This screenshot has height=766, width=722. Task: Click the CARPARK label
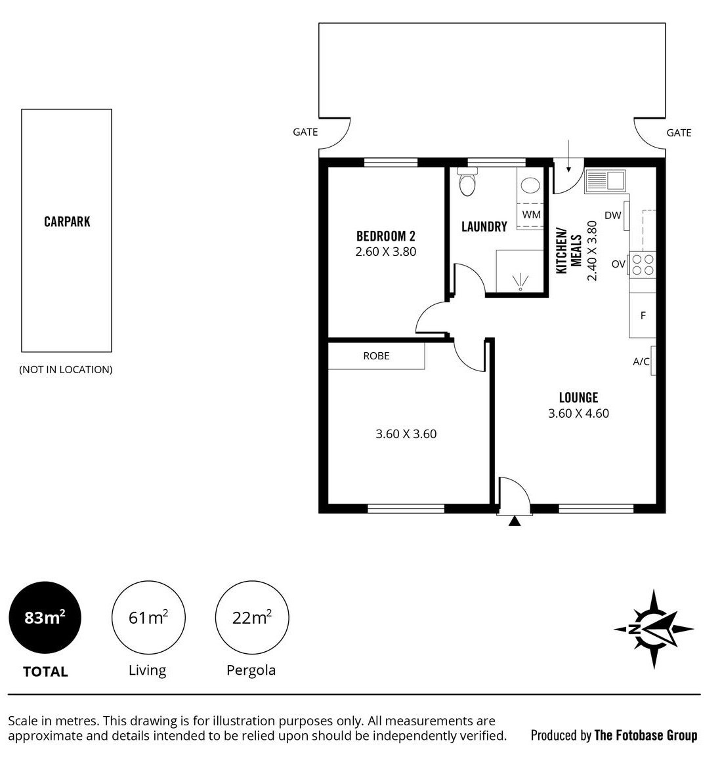click(67, 222)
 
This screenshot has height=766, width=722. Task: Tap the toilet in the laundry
click(467, 181)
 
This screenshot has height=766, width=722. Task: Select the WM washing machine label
click(532, 214)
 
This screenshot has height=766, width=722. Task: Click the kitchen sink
click(605, 181)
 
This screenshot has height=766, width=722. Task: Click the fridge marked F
click(643, 315)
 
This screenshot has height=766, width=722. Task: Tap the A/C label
click(641, 361)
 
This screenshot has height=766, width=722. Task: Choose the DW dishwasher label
click(612, 215)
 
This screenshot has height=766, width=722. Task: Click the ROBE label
click(376, 355)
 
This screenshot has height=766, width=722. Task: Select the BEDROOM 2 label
click(386, 237)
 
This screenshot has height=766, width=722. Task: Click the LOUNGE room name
click(578, 397)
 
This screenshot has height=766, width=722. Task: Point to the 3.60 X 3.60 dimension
click(406, 433)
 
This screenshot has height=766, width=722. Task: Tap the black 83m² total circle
click(45, 618)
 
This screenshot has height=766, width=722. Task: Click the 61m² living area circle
click(148, 618)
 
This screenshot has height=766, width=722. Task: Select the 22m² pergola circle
click(252, 618)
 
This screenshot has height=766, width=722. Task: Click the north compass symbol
click(654, 629)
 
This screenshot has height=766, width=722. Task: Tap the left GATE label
click(305, 132)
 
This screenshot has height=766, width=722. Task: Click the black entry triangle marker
click(514, 521)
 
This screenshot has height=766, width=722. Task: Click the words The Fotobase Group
click(645, 735)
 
